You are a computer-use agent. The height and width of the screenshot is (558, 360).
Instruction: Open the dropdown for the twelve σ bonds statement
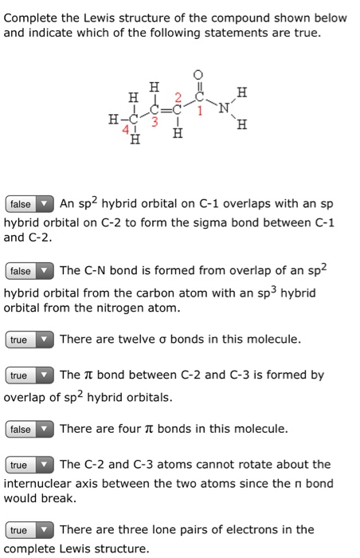click(x=29, y=340)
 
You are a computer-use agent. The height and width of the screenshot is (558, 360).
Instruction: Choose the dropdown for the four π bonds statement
click(x=29, y=429)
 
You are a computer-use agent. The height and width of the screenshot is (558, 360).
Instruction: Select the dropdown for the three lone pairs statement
click(x=29, y=529)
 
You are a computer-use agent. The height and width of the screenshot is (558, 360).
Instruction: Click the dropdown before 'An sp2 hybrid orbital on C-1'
click(x=29, y=203)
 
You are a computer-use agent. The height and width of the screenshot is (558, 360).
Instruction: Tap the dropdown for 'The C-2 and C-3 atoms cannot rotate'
click(x=29, y=464)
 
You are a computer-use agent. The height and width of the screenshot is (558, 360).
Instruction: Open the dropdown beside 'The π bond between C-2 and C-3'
click(x=29, y=375)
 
